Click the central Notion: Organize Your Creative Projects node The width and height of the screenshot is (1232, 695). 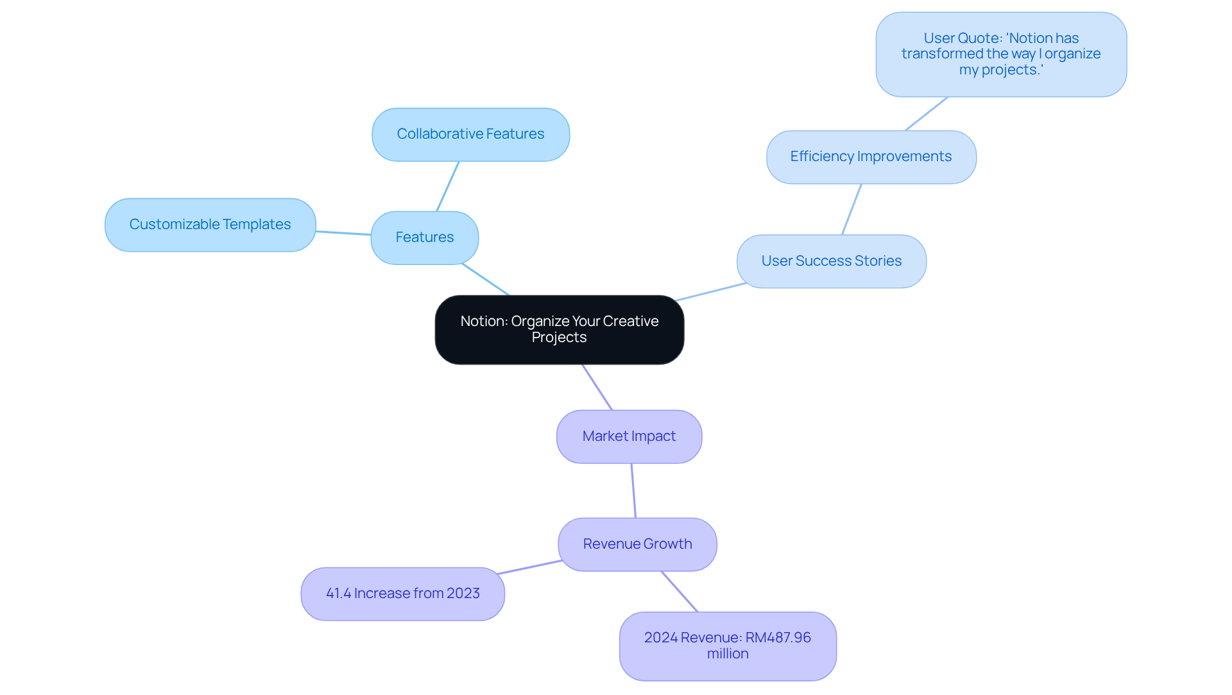point(559,329)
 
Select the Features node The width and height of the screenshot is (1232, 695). point(424,237)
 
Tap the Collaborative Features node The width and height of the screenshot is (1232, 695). point(470,134)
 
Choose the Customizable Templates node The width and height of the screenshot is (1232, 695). point(210,225)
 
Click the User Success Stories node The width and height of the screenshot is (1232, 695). point(831,261)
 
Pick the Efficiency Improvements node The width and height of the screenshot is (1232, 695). point(871,157)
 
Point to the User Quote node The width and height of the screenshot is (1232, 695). point(1000,55)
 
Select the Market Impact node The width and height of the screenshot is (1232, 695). point(629,436)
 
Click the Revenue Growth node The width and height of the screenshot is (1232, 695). point(637,544)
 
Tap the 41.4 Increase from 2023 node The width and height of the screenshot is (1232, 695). point(402,594)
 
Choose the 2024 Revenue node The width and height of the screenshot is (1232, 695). point(728,646)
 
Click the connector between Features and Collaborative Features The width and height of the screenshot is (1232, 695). point(448,186)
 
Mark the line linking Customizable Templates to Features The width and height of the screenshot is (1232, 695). point(343,233)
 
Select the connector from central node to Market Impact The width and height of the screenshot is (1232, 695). point(597,387)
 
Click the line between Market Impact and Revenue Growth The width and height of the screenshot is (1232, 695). point(633,490)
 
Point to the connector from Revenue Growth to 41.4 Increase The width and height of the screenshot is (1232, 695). point(529,567)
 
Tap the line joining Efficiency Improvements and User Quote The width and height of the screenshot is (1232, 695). point(926,114)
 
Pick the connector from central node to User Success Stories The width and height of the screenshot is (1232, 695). point(710,291)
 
